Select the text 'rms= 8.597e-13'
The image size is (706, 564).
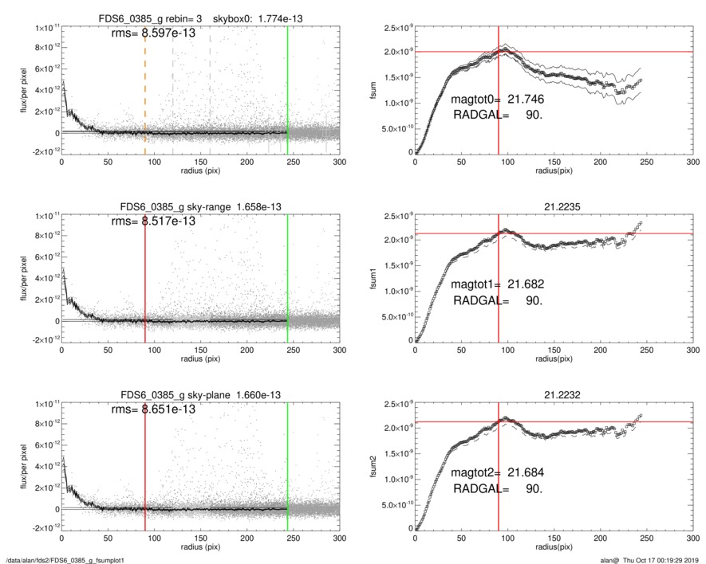click(153, 34)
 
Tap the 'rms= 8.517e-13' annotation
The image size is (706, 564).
click(153, 222)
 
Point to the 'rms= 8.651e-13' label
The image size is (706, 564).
click(153, 409)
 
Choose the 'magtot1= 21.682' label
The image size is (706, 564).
click(499, 284)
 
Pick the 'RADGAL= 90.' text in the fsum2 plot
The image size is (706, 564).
click(498, 488)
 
